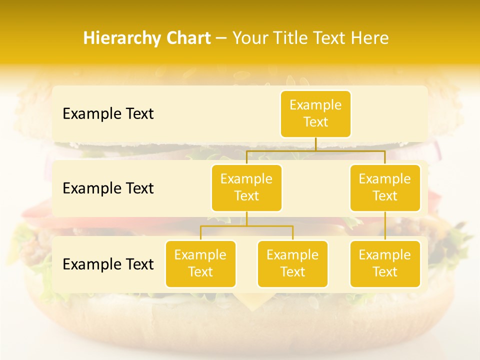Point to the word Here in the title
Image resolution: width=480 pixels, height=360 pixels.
pyautogui.click(x=370, y=38)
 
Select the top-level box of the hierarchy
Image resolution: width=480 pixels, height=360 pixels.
pyautogui.click(x=315, y=113)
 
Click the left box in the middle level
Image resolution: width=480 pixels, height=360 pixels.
pyautogui.click(x=246, y=187)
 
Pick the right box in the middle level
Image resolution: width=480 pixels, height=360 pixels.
pyautogui.click(x=385, y=187)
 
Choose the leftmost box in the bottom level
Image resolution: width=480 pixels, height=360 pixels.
pyautogui.click(x=200, y=263)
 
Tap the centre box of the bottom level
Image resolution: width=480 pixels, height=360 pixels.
pyautogui.click(x=292, y=263)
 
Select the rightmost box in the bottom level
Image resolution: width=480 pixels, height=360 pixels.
pyautogui.click(x=385, y=263)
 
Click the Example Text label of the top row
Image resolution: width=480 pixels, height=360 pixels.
pyautogui.click(x=108, y=114)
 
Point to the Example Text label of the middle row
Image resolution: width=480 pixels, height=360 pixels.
pyautogui.click(x=108, y=188)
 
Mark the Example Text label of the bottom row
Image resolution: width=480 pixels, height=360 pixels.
pyautogui.click(x=108, y=264)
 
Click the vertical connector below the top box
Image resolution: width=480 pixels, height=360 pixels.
pyautogui.click(x=315, y=144)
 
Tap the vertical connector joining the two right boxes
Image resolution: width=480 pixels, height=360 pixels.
pyautogui.click(x=385, y=226)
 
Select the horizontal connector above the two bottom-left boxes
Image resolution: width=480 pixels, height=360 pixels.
pyautogui.click(x=246, y=226)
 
